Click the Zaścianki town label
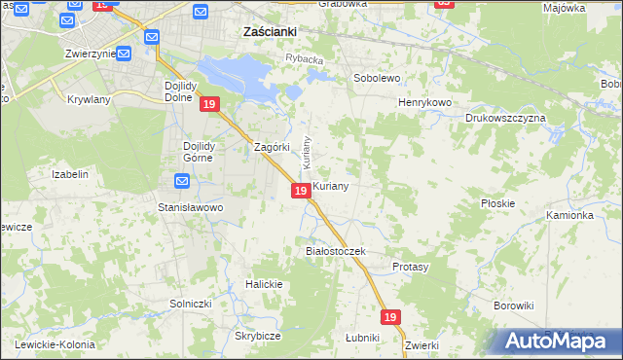269,31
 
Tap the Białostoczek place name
334,251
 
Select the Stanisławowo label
191,207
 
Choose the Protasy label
410,267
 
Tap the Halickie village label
264,284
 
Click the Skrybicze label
258,336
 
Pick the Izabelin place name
70,174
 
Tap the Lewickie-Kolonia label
54,344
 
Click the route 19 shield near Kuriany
301,191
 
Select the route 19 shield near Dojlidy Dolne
207,104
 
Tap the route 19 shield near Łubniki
390,317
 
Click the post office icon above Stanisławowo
183,181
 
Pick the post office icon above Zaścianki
201,12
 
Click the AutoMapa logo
558,341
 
